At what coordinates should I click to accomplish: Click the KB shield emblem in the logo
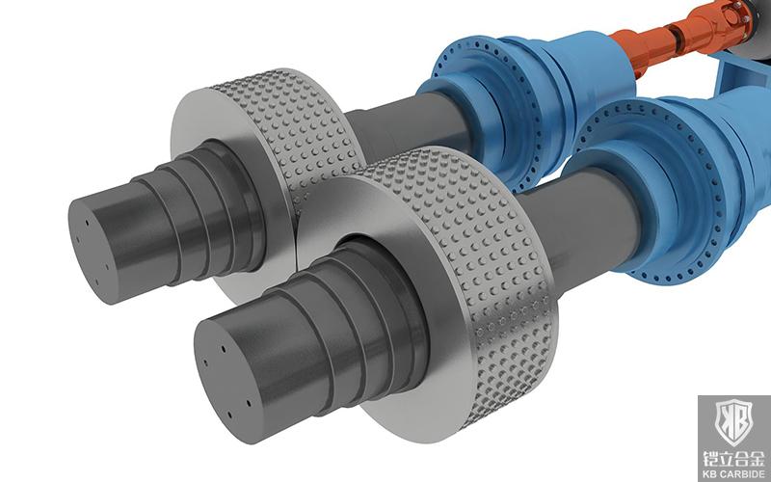point(731,421)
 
